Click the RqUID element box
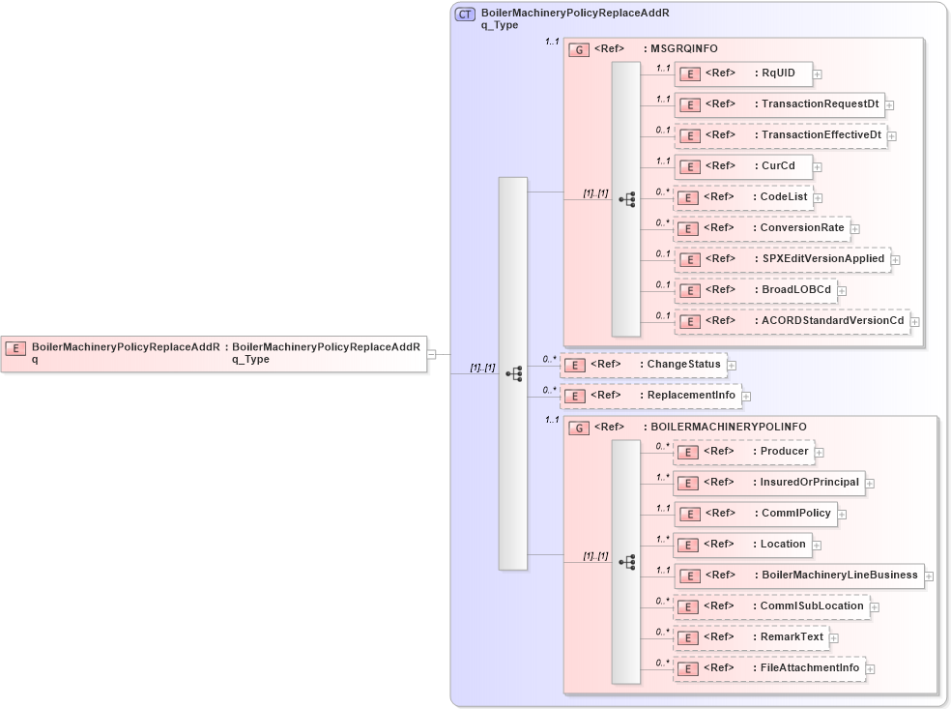point(743,74)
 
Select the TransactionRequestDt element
point(779,104)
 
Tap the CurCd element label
point(778,165)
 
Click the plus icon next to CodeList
point(818,198)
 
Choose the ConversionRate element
point(761,228)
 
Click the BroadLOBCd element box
point(755,289)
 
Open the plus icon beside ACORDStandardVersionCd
point(914,321)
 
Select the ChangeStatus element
point(643,365)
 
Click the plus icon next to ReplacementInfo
point(746,397)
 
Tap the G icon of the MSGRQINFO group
point(579,49)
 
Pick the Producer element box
point(742,452)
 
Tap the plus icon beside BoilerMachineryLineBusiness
point(929,576)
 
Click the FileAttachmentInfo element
point(768,668)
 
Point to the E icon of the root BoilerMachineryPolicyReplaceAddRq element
point(15,347)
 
